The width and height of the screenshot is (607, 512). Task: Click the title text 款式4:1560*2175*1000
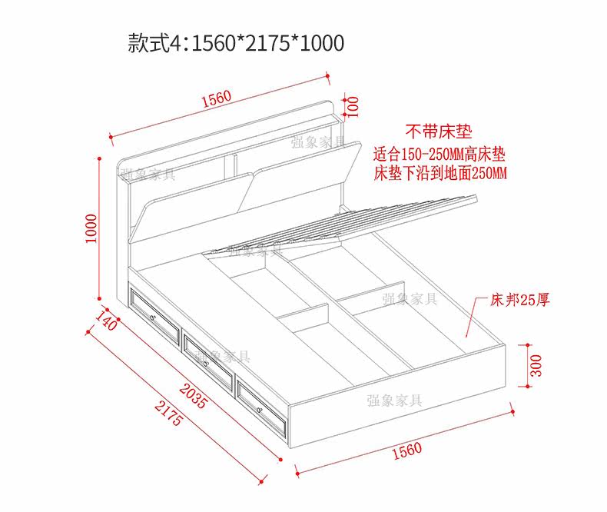tap(236, 43)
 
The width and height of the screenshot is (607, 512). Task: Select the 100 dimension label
tap(352, 105)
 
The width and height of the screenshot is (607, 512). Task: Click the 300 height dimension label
tap(537, 364)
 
